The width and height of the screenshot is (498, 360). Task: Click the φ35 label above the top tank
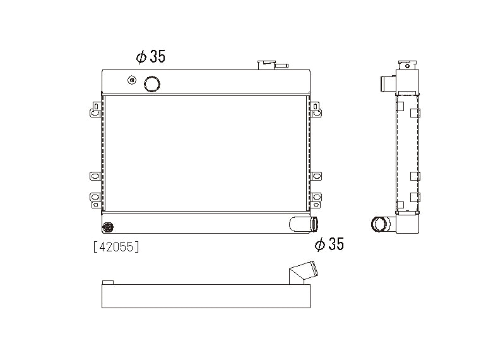[x=150, y=57]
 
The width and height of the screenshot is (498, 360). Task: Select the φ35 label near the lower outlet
[x=329, y=244]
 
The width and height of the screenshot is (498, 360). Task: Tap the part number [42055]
[x=116, y=247]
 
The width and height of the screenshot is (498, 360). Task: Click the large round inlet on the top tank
[x=152, y=83]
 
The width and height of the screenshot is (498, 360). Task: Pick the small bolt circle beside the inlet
[x=132, y=80]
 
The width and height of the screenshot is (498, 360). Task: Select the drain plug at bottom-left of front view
[x=108, y=226]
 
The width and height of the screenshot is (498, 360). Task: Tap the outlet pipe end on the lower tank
[x=313, y=224]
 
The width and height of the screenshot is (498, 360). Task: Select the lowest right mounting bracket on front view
[x=316, y=200]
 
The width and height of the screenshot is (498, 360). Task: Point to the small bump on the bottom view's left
[x=107, y=282]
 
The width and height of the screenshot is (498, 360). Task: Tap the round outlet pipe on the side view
[x=381, y=224]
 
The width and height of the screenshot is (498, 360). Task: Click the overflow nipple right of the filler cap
[x=282, y=64]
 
